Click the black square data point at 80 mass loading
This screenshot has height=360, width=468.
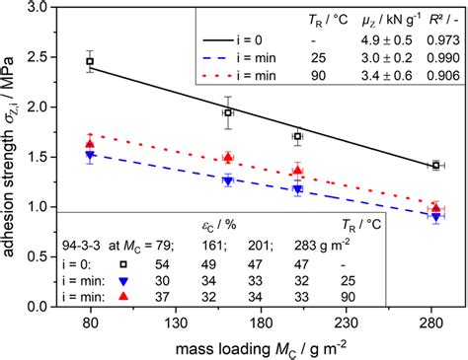pyautogui.click(x=90, y=61)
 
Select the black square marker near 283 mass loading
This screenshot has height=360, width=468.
pyautogui.click(x=435, y=166)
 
